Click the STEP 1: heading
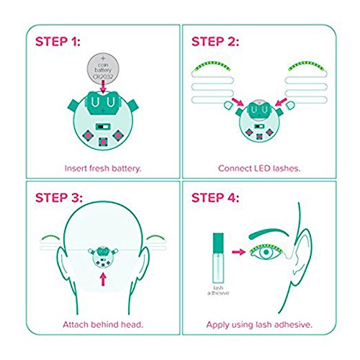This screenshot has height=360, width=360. [x=58, y=42]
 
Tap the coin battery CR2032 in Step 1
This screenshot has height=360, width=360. [x=103, y=68]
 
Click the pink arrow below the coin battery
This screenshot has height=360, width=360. [x=103, y=86]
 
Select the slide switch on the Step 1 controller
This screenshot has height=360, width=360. [x=103, y=127]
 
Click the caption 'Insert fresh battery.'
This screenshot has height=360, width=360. [x=103, y=168]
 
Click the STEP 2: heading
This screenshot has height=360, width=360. [x=215, y=42]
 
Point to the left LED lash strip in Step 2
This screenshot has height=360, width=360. [x=212, y=66]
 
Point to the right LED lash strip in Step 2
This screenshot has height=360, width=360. [x=306, y=66]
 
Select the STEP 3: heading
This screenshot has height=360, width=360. [x=59, y=198]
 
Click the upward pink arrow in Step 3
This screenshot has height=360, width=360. [x=103, y=279]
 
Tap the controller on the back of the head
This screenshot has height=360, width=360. [x=103, y=258]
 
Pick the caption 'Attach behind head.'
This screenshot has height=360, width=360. [x=103, y=325]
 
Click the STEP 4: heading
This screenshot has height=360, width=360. [x=215, y=198]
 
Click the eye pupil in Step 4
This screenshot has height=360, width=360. [x=266, y=252]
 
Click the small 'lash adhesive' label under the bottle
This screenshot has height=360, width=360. [x=218, y=290]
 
